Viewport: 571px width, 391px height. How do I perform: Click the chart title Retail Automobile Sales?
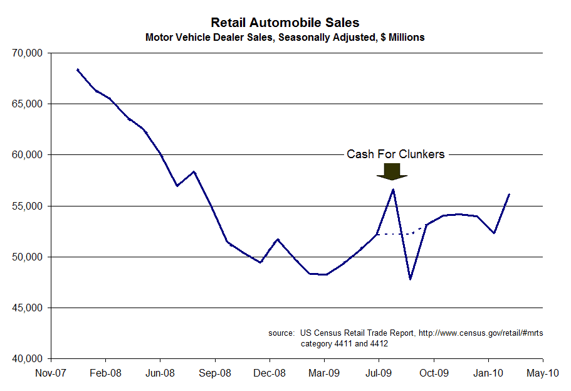[285, 23]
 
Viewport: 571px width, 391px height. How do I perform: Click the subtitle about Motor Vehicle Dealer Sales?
[285, 38]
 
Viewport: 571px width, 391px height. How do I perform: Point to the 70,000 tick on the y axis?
[27, 53]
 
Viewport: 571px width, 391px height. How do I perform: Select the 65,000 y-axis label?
[27, 104]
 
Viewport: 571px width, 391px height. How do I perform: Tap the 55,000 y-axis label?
[27, 206]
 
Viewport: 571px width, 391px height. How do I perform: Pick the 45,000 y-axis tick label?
[27, 308]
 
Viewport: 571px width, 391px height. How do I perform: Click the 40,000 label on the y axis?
[27, 359]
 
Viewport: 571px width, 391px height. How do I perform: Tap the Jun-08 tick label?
[160, 372]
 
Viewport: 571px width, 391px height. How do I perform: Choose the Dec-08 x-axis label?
[270, 372]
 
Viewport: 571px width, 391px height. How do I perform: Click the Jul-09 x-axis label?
[379, 372]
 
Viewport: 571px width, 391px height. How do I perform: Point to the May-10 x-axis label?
[543, 372]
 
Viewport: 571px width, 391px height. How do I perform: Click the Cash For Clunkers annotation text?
[396, 154]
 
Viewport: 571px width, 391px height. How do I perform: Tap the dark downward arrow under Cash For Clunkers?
[392, 171]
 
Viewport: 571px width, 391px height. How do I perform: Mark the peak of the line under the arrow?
[393, 189]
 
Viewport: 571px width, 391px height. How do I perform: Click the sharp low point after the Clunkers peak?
[410, 279]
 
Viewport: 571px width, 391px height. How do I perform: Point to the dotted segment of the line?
[401, 233]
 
